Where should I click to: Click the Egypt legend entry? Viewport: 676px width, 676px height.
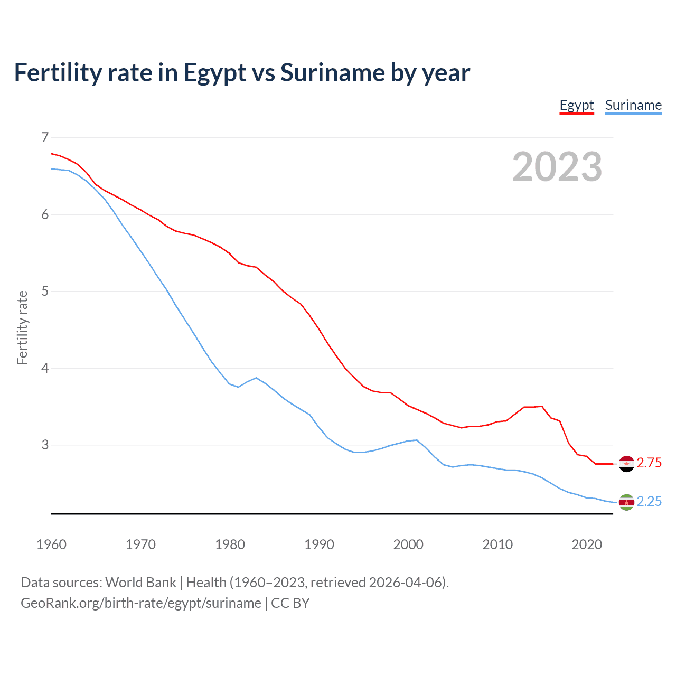[577, 105]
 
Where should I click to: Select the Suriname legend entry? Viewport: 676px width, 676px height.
[633, 105]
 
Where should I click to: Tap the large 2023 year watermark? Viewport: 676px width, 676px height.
[557, 167]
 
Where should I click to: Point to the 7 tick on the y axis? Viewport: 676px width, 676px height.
[45, 138]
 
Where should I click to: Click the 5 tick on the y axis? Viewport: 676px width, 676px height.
[45, 291]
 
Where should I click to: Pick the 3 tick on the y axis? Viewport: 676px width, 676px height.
[45, 445]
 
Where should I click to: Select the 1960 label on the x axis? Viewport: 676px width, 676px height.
[51, 544]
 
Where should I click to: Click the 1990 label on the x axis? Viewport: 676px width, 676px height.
[319, 544]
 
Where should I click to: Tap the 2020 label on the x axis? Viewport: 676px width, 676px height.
[587, 544]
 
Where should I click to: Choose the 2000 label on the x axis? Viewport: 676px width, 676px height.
[408, 544]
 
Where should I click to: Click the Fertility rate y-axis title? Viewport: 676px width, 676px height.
[22, 327]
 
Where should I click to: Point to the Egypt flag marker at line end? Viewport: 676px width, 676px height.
[626, 464]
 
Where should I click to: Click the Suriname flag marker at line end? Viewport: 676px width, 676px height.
[626, 502]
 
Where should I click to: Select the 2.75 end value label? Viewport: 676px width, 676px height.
[649, 463]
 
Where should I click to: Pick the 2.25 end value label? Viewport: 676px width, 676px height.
[649, 502]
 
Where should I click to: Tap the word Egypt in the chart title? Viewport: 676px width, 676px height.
[214, 73]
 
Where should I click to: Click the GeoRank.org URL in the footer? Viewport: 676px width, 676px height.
[141, 603]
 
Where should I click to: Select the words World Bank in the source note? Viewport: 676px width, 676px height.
[140, 583]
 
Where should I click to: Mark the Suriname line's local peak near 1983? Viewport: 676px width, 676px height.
[256, 378]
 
